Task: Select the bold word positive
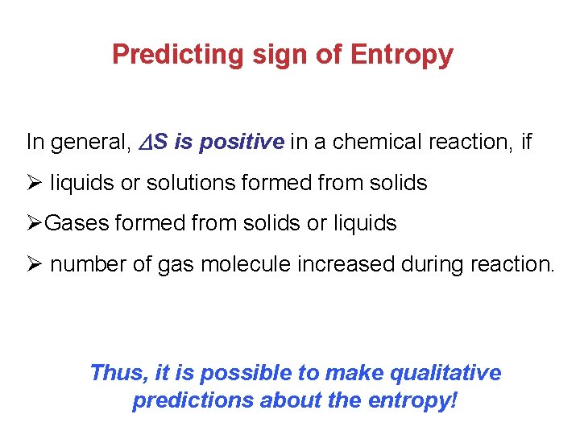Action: (x=242, y=143)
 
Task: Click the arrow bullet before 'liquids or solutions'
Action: (x=34, y=183)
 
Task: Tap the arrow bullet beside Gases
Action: (x=34, y=223)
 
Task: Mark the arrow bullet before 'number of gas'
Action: (x=34, y=263)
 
